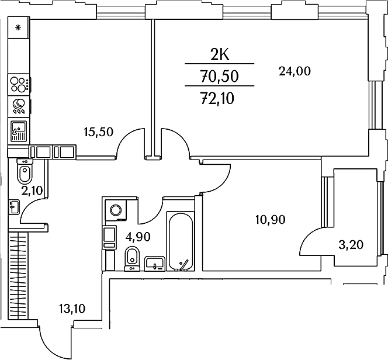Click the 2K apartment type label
click(x=220, y=55)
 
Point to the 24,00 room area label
click(x=294, y=71)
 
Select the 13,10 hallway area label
click(x=72, y=308)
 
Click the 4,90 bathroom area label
click(x=140, y=237)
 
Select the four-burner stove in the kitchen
click(x=19, y=84)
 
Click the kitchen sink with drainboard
click(x=19, y=130)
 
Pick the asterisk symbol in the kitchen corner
click(x=18, y=27)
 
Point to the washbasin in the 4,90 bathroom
click(x=154, y=263)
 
